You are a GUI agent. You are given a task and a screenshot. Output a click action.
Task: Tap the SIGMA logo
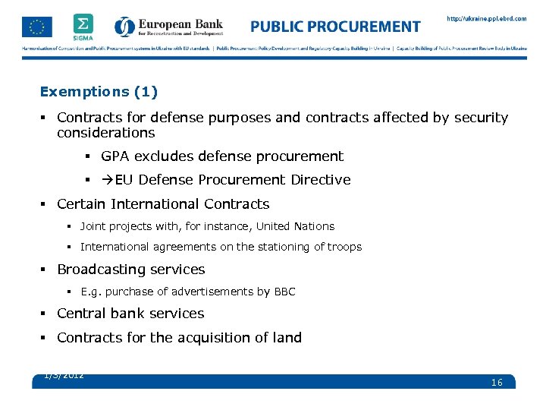point(83,26)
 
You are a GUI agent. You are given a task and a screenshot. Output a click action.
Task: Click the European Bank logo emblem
point(124,27)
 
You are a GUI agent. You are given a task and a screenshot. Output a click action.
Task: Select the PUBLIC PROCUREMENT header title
point(335,27)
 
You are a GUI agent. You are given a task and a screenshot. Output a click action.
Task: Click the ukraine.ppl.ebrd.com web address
point(486,18)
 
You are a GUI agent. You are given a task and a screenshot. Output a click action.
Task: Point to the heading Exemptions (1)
point(99,92)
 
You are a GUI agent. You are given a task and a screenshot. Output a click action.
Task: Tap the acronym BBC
point(284,292)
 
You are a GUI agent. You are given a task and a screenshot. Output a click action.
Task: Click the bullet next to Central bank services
point(46,314)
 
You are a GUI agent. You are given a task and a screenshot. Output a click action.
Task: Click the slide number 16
point(497,383)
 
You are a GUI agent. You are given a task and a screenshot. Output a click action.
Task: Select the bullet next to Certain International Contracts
point(46,204)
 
